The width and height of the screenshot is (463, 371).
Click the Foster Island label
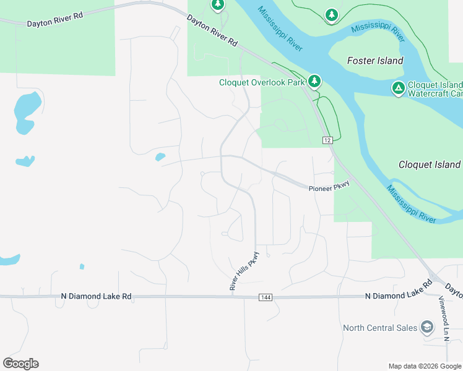click(x=375, y=61)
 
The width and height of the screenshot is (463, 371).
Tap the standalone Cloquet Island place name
click(x=430, y=164)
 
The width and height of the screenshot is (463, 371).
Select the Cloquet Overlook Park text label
click(x=262, y=82)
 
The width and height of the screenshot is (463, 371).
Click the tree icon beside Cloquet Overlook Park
click(x=314, y=80)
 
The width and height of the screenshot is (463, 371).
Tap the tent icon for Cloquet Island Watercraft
click(x=399, y=88)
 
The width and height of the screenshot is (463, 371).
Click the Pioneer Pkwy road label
click(x=329, y=185)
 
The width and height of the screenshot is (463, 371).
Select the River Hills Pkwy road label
click(x=243, y=271)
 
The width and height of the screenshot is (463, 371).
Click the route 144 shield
click(x=266, y=297)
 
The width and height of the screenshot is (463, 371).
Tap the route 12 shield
click(x=327, y=140)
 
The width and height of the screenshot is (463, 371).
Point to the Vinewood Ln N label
click(x=444, y=318)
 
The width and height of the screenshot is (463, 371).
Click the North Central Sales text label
click(x=380, y=328)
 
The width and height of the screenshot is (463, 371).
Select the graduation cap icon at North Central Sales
click(x=426, y=326)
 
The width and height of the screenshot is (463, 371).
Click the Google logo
click(x=20, y=364)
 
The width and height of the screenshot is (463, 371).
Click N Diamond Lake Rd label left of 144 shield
click(x=96, y=297)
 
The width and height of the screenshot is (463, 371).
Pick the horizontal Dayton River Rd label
click(x=54, y=20)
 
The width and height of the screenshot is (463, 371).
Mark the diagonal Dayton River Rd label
click(x=212, y=32)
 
